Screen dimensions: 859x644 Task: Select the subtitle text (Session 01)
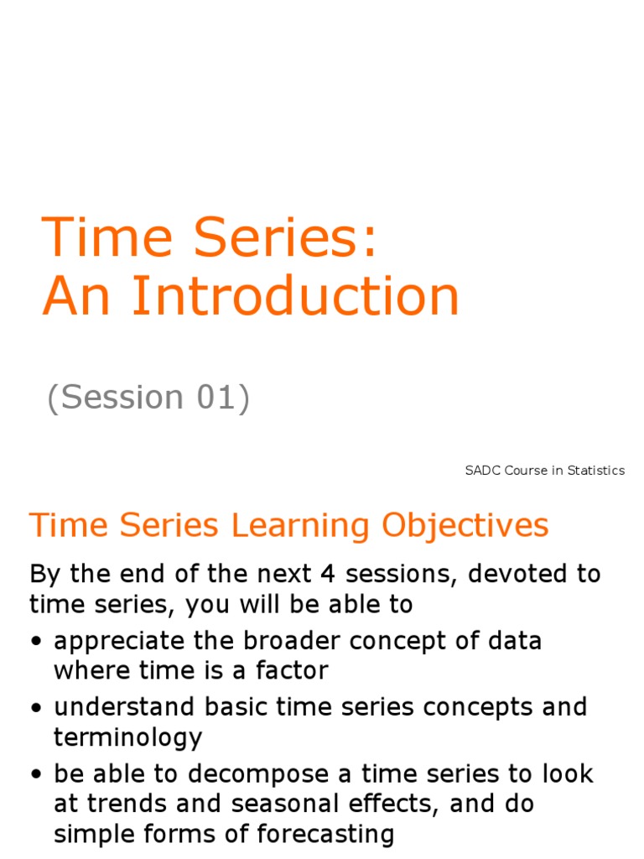click(x=148, y=398)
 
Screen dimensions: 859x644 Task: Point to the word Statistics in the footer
click(x=596, y=471)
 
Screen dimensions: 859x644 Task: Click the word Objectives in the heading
click(x=465, y=526)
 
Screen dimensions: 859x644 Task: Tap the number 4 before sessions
click(x=328, y=575)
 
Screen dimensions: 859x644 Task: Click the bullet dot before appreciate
click(x=37, y=643)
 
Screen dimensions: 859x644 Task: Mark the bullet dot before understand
click(x=37, y=708)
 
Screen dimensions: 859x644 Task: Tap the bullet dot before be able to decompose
click(x=37, y=774)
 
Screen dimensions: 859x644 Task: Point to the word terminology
click(x=127, y=738)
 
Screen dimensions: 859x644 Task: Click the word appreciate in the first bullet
click(x=120, y=643)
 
